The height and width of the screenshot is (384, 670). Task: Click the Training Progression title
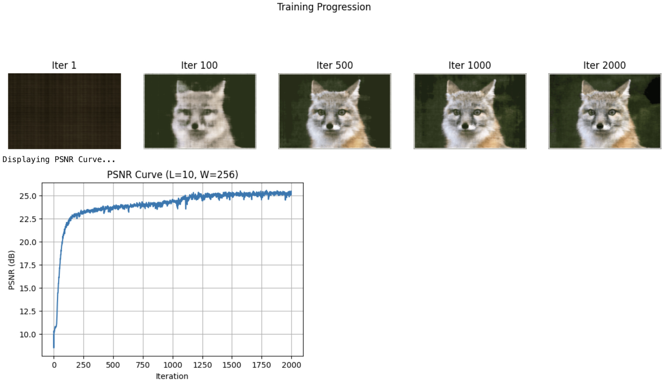click(x=324, y=7)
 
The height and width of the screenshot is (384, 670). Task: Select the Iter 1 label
click(x=64, y=65)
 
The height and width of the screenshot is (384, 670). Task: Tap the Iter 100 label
click(x=199, y=65)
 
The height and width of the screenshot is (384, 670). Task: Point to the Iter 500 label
click(x=334, y=65)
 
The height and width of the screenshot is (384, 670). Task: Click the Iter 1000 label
click(x=469, y=65)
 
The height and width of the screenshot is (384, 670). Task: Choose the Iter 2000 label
click(x=604, y=65)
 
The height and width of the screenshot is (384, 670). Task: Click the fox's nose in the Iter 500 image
click(x=329, y=126)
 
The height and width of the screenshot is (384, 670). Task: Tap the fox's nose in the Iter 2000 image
click(x=600, y=126)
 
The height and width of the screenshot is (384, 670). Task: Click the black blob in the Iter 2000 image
click(x=653, y=91)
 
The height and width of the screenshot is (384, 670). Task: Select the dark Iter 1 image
click(x=64, y=111)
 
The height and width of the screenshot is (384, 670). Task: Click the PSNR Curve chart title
click(x=172, y=175)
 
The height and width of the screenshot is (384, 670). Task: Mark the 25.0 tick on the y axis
click(x=28, y=196)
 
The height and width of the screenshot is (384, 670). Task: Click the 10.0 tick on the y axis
click(x=28, y=335)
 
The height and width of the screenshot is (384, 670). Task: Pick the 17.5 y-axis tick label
click(x=28, y=265)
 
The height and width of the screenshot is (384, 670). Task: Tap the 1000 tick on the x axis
click(x=172, y=365)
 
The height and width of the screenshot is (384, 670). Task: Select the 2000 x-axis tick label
click(x=291, y=365)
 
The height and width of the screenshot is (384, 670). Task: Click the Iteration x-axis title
click(x=172, y=376)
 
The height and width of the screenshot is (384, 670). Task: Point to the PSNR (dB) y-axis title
click(x=12, y=270)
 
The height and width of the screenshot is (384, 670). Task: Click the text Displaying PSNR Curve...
click(x=59, y=160)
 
